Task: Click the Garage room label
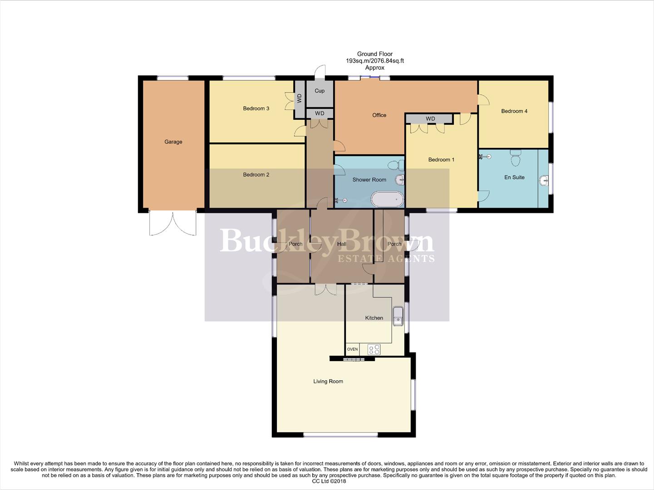click(173, 142)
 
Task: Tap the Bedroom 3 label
click(256, 108)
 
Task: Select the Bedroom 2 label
click(256, 175)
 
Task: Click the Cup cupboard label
click(320, 91)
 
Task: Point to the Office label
click(379, 115)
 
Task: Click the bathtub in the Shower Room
click(387, 199)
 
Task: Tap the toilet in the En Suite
click(516, 159)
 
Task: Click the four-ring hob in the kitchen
click(374, 349)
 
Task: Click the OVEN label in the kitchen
click(352, 349)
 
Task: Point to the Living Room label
click(328, 382)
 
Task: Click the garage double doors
click(173, 223)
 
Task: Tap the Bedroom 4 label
click(514, 111)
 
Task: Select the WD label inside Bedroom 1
click(430, 119)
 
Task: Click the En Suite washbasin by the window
click(544, 181)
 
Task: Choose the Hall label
click(341, 244)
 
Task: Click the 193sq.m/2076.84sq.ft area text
click(374, 61)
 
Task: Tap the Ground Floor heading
click(374, 54)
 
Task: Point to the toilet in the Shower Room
click(400, 164)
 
